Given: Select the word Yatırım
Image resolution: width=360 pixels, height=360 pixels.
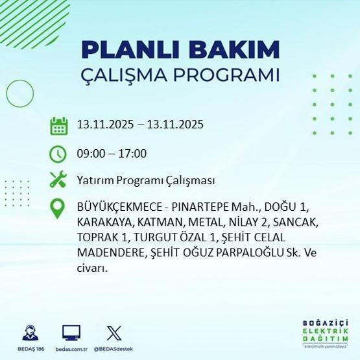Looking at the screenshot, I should click(x=95, y=180).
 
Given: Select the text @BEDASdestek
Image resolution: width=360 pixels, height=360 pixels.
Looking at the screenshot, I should click(x=114, y=349).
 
